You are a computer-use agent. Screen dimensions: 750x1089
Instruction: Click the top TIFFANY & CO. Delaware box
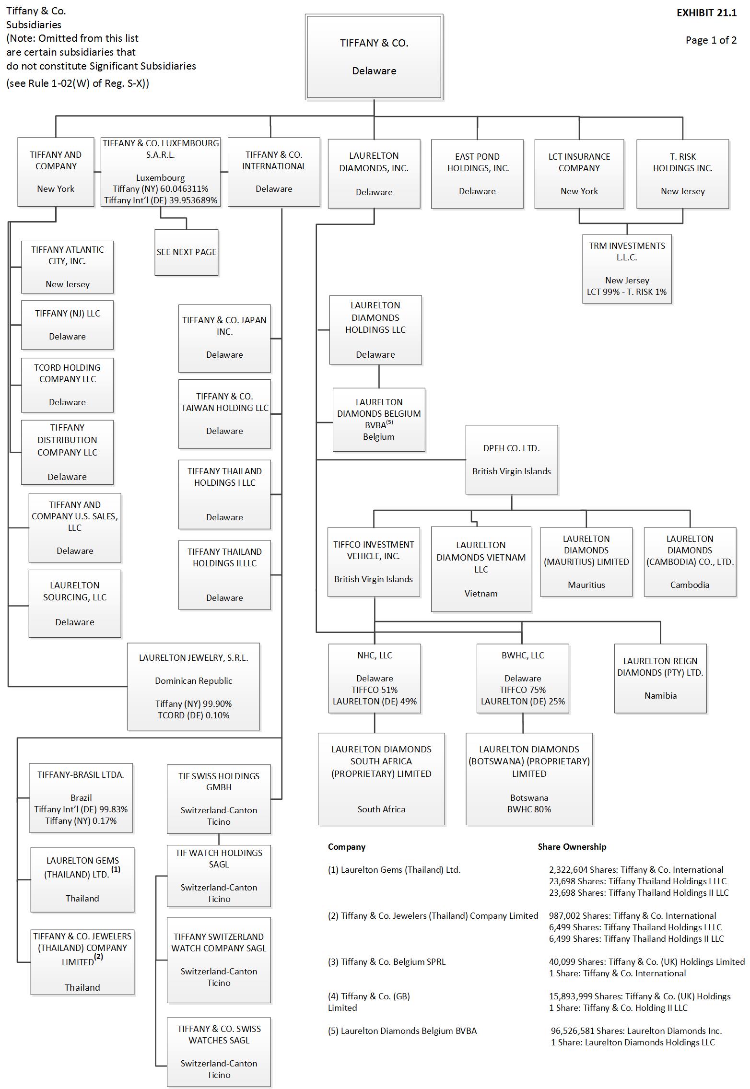tap(374, 57)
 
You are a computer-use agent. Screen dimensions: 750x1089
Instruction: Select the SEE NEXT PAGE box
tap(187, 252)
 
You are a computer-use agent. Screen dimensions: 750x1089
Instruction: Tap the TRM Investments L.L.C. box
tap(627, 269)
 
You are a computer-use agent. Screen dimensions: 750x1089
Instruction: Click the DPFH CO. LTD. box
tap(512, 459)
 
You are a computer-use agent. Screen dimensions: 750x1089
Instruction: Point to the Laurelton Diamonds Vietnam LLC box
tap(481, 569)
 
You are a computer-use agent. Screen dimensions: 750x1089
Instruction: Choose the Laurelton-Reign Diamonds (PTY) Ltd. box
tap(660, 678)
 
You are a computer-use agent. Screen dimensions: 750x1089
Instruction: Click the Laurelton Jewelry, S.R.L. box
tap(194, 686)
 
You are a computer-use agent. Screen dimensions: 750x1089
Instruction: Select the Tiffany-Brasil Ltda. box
tap(81, 798)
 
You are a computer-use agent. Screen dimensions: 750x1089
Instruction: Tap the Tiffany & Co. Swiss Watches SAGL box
tap(219, 1052)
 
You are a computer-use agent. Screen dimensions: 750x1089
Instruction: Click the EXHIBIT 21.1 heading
tap(706, 13)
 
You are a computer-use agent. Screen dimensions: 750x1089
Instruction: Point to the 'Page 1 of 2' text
tap(711, 40)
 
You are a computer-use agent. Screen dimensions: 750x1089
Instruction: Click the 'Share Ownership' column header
tap(572, 847)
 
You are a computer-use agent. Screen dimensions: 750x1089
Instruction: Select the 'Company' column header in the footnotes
tap(347, 847)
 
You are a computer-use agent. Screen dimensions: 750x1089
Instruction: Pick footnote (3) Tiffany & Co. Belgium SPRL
tap(387, 961)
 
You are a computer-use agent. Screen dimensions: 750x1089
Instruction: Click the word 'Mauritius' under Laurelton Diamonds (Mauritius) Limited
tap(586, 585)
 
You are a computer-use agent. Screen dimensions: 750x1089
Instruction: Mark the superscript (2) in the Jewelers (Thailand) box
tap(99, 956)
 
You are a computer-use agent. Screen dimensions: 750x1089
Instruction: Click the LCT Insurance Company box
tap(579, 174)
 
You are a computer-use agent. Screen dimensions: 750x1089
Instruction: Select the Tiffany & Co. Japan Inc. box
tap(224, 338)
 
